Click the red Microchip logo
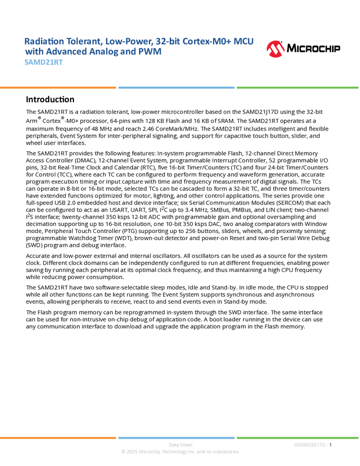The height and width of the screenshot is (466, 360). coord(276,49)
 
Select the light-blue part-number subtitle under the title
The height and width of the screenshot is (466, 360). coord(43,62)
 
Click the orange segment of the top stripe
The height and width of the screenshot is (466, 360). coord(58,87)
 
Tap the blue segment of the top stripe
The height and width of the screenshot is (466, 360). coord(176,87)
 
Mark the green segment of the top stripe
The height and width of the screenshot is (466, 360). coord(298,87)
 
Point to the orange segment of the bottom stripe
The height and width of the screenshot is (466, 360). coord(58,437)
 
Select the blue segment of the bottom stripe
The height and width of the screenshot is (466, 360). coord(176,437)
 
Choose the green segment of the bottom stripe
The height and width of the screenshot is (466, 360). coord(298,437)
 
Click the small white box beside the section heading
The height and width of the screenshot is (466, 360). coord(13,99)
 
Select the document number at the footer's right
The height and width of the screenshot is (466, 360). coord(311,445)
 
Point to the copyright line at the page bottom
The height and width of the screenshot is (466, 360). coord(180,452)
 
